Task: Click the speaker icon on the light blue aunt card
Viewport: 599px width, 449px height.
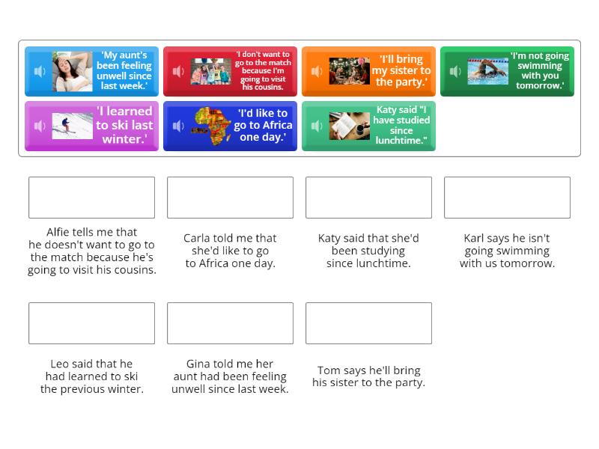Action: click(x=40, y=72)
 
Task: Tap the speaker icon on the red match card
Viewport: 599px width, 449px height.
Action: click(x=178, y=72)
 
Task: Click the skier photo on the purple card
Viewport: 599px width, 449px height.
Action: click(x=73, y=126)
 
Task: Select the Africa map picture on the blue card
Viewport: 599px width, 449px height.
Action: click(x=213, y=126)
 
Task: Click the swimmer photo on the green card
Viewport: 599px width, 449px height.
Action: click(x=487, y=71)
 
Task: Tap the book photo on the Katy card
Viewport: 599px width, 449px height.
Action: click(x=350, y=126)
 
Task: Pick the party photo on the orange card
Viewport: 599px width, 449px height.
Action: click(x=350, y=71)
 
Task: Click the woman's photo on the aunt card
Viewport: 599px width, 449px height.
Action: click(x=73, y=71)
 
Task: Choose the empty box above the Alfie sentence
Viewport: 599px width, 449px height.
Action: click(x=91, y=198)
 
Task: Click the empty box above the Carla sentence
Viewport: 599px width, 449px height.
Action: click(x=230, y=198)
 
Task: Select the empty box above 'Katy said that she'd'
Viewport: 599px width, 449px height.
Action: click(x=368, y=198)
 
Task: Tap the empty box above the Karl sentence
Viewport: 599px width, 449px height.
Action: click(x=507, y=198)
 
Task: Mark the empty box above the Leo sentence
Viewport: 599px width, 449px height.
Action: click(x=91, y=323)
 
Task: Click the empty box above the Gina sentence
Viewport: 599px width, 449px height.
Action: click(x=230, y=323)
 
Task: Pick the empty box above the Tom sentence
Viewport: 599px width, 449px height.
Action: click(x=368, y=323)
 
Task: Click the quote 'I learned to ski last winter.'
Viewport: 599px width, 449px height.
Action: click(x=124, y=125)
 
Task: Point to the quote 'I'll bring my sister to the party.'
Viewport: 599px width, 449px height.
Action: click(x=401, y=70)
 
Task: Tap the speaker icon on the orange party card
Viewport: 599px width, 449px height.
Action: click(x=317, y=72)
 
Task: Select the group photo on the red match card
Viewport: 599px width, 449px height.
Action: click(x=211, y=72)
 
